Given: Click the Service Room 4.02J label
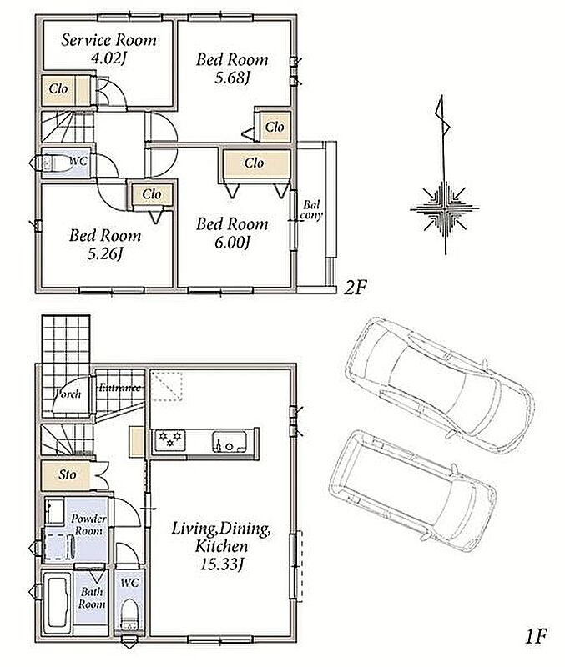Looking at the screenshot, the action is tap(108, 48).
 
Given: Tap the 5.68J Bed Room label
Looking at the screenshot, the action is tap(232, 68).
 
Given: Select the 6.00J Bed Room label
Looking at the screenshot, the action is tap(232, 233).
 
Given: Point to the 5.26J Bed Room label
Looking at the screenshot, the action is tap(105, 244).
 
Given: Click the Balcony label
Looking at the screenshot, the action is tap(311, 211).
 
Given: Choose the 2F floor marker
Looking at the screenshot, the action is tap(355, 288).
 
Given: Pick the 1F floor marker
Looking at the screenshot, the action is tap(535, 637).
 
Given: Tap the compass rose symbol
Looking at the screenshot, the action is tap(445, 208).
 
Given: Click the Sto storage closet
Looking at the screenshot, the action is tap(66, 475).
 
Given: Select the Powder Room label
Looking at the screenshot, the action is tap(88, 525).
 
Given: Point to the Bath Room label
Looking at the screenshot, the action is tap(92, 598).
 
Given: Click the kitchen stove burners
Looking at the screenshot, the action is tap(170, 440).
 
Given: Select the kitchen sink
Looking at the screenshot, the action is tap(230, 442).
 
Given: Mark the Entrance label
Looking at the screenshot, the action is tap(119, 388).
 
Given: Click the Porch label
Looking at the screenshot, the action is tap(68, 394).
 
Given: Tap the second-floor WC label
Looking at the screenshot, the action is tap(78, 161).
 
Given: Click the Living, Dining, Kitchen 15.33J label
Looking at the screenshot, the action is tap(221, 547).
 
